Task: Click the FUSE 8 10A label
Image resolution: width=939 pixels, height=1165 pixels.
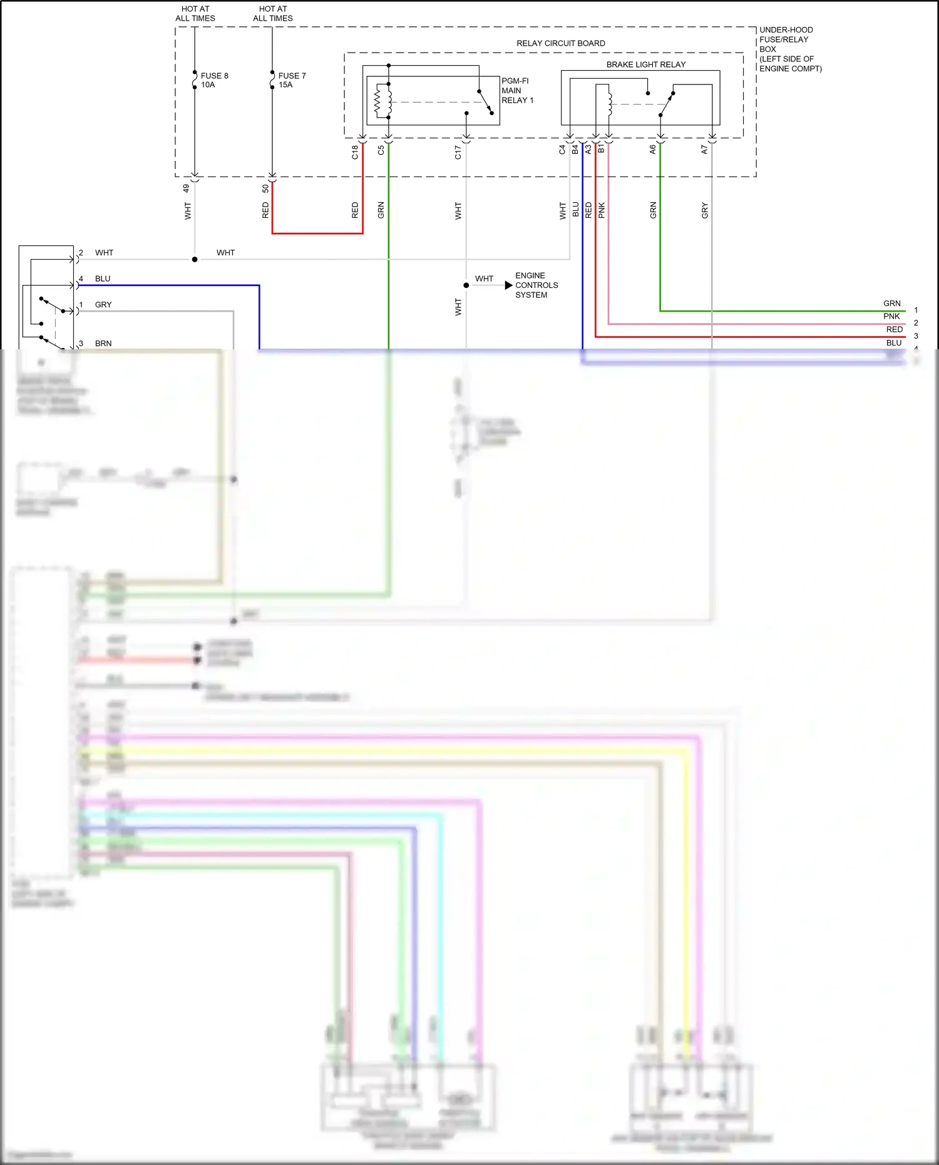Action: point(214,80)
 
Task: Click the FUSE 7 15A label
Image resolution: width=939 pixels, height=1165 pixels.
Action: point(292,80)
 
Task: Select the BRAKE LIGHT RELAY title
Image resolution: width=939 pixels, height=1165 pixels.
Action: point(645,64)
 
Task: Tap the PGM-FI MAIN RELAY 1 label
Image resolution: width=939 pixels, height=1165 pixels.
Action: point(517,91)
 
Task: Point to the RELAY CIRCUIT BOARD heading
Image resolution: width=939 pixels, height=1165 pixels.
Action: point(560,43)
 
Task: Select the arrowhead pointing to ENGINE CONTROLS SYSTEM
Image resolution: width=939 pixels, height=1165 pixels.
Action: point(508,285)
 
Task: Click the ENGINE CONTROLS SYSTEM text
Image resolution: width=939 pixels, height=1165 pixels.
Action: point(536,285)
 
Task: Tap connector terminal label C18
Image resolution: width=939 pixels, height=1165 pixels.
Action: point(355,152)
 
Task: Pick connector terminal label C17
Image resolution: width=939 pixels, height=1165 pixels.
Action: point(458,152)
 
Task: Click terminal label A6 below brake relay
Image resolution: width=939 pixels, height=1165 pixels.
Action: point(652,150)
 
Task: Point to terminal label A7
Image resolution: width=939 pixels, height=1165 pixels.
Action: point(704,150)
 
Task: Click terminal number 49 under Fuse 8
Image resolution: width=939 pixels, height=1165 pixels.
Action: point(186,188)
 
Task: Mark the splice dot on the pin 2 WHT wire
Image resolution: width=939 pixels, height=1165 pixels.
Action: point(195,259)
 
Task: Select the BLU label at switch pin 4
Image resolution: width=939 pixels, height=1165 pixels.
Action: point(103,279)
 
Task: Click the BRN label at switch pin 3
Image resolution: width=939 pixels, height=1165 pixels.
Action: point(103,344)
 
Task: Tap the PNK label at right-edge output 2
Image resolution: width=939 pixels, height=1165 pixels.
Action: point(891,317)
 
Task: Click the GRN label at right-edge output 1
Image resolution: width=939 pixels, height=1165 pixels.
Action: point(891,304)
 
